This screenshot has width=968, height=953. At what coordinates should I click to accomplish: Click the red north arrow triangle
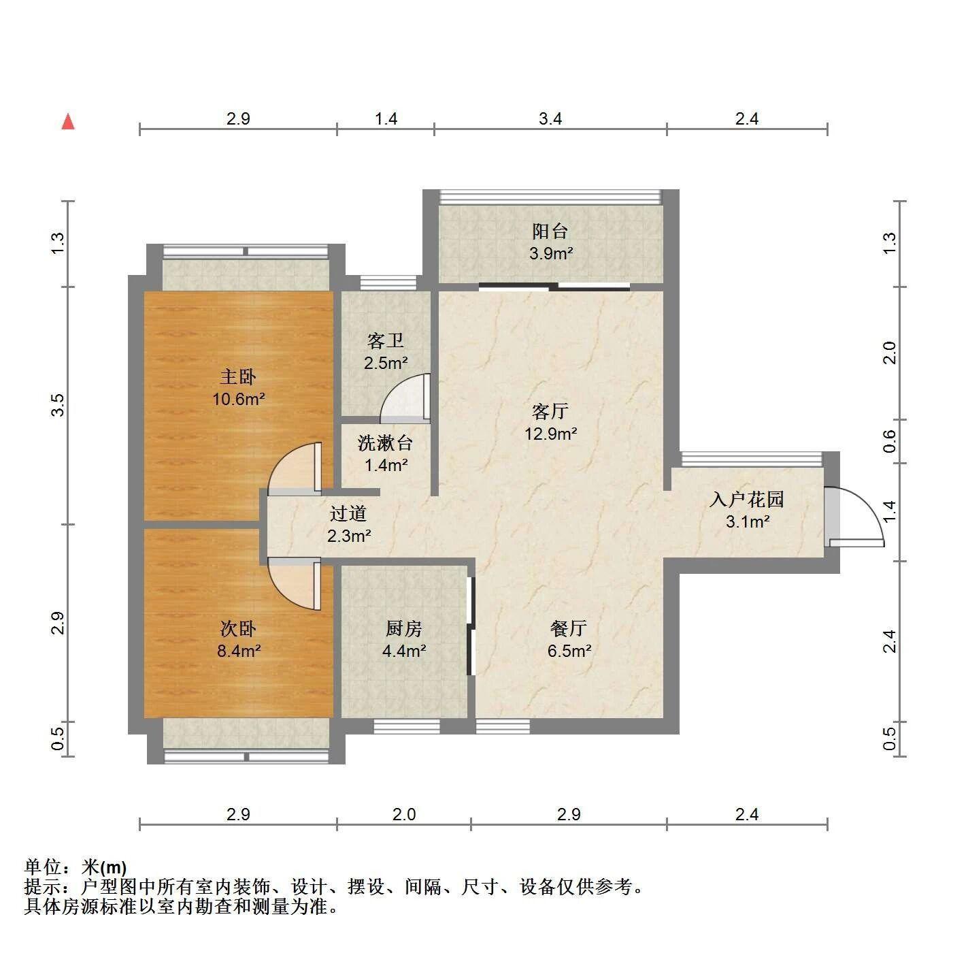point(68,122)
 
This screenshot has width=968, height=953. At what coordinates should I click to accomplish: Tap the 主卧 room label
point(238,376)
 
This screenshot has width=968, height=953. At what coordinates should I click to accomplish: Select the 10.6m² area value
point(238,400)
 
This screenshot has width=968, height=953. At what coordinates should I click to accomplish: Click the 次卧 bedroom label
point(238,628)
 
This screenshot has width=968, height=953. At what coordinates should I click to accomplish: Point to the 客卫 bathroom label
point(385,341)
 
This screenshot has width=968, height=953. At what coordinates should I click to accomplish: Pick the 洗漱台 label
point(385,443)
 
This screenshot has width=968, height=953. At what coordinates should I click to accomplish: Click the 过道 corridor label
point(348,513)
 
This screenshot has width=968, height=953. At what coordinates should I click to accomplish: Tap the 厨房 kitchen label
point(404,628)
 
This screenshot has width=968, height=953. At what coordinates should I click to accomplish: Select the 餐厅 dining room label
point(569,628)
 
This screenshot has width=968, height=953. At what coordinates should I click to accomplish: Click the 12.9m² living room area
point(550,434)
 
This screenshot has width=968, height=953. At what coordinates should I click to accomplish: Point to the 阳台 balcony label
point(550,231)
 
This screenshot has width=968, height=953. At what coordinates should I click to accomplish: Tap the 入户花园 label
point(747,500)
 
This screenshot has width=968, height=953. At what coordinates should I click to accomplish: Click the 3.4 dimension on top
point(550,118)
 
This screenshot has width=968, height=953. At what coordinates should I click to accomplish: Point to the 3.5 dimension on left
point(59,405)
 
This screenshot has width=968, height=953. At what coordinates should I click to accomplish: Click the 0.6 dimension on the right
point(889,441)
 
